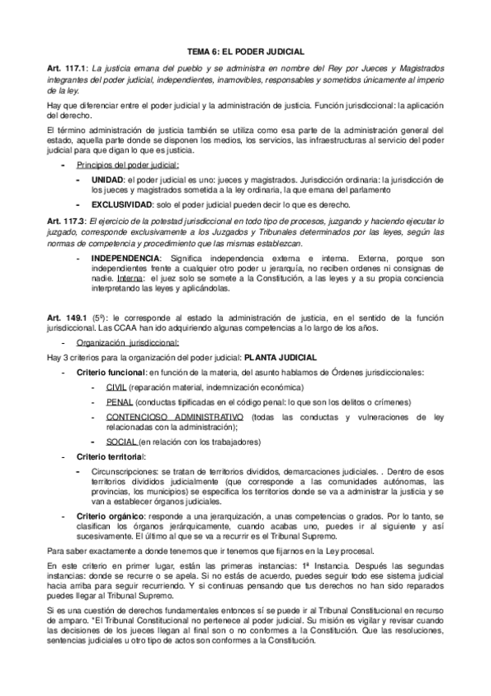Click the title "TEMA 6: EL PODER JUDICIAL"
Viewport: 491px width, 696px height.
[246, 50]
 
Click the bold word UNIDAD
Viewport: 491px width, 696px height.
[107, 179]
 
